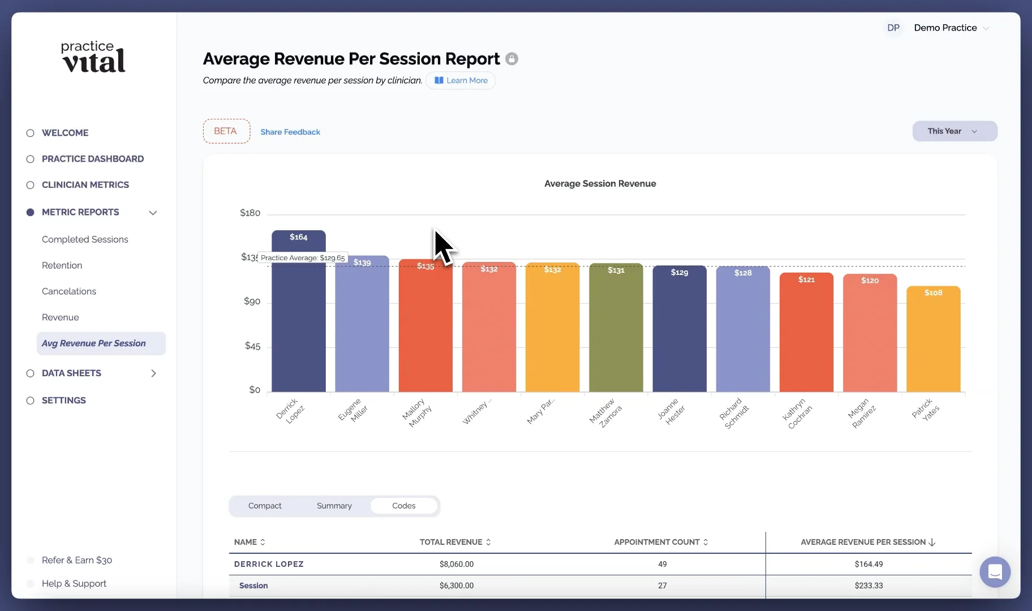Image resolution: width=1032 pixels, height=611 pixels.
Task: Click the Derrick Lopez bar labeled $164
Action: [x=298, y=311]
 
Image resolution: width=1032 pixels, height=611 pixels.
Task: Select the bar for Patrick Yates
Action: [x=933, y=339]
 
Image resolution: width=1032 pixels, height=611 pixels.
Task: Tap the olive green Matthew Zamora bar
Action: [x=616, y=328]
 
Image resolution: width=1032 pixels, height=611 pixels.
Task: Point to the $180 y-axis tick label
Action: [x=250, y=213]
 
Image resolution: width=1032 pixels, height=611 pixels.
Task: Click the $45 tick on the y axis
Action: [x=252, y=346]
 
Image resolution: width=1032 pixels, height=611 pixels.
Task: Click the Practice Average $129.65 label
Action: [x=303, y=258]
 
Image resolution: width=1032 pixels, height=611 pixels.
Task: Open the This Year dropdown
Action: [x=954, y=131]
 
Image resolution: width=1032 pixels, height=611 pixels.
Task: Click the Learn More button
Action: [x=461, y=80]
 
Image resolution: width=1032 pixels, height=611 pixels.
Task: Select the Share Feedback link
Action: [x=290, y=132]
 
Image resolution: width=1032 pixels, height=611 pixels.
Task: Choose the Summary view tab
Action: [x=334, y=506]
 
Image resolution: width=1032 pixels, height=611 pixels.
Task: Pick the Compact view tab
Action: [x=265, y=506]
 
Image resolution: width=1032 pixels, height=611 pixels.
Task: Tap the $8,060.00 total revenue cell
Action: [x=456, y=564]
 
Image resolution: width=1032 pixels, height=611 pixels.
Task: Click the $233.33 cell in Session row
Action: [x=868, y=586]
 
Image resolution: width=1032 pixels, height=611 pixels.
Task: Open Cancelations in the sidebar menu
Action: [x=69, y=291]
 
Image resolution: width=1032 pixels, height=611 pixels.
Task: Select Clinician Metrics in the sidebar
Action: [x=85, y=185]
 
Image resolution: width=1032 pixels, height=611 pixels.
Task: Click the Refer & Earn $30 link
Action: [x=77, y=560]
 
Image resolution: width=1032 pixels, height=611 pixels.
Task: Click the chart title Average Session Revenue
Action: [x=600, y=184]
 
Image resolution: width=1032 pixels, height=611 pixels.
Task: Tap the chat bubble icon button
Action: [x=995, y=572]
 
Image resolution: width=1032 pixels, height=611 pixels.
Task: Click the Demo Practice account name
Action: [x=945, y=28]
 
